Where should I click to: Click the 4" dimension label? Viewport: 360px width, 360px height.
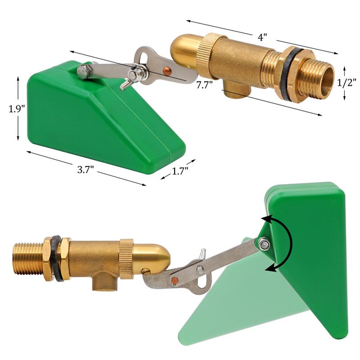pyautogui.click(x=262, y=37)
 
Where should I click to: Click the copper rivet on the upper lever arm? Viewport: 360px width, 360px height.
pyautogui.click(x=167, y=70)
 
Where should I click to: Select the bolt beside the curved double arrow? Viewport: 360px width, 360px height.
pyautogui.click(x=264, y=244)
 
